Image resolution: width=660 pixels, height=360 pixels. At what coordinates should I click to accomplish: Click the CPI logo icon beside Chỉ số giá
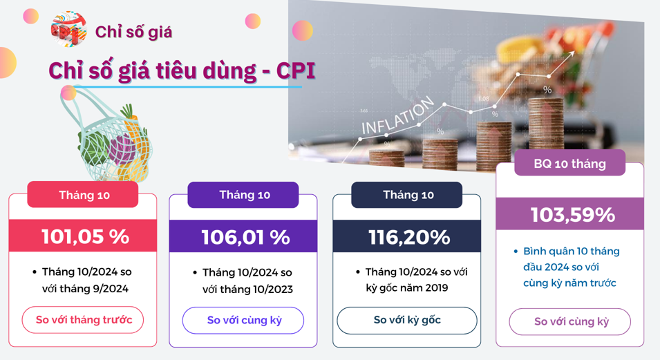pyautogui.click(x=68, y=29)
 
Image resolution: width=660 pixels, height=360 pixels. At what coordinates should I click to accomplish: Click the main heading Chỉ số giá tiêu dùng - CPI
pyautogui.click(x=182, y=70)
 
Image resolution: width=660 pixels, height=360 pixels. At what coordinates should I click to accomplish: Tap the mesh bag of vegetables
pyautogui.click(x=109, y=135)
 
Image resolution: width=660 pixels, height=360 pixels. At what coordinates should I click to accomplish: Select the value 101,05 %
pyautogui.click(x=85, y=236)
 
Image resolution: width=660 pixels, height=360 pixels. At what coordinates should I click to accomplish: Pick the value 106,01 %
pyautogui.click(x=245, y=238)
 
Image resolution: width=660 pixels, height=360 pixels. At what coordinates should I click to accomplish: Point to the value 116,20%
pyautogui.click(x=409, y=238)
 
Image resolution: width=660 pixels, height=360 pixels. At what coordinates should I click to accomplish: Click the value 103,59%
pyautogui.click(x=572, y=215)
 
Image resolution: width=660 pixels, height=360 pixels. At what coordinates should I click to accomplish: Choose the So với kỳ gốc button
pyautogui.click(x=407, y=321)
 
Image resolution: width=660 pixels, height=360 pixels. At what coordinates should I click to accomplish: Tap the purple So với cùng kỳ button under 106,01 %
pyautogui.click(x=243, y=321)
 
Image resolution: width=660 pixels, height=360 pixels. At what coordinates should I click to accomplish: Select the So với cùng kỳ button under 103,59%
pyautogui.click(x=570, y=322)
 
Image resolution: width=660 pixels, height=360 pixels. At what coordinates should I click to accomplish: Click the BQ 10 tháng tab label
pyautogui.click(x=570, y=163)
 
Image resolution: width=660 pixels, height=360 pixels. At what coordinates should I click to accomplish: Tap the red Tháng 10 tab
pyautogui.click(x=83, y=195)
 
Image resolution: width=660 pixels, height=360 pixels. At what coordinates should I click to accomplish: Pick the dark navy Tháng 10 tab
pyautogui.click(x=406, y=195)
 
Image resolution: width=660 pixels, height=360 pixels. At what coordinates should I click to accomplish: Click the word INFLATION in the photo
pyautogui.click(x=397, y=116)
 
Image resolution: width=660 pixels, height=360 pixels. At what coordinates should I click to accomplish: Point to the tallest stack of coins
pyautogui.click(x=546, y=124)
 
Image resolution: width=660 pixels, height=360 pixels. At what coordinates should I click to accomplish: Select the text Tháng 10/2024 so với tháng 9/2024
pyautogui.click(x=86, y=280)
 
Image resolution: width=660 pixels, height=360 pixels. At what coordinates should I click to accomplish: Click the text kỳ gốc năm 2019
pyautogui.click(x=407, y=288)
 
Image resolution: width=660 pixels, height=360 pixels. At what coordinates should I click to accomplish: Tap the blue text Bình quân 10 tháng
pyautogui.click(x=571, y=252)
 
